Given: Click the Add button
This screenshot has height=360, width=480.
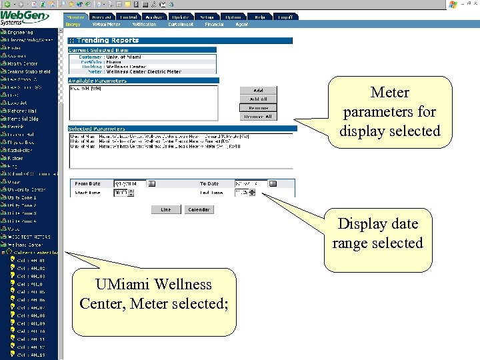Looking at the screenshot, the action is pyautogui.click(x=258, y=91).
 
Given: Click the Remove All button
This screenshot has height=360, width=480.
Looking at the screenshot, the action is pyautogui.click(x=258, y=116).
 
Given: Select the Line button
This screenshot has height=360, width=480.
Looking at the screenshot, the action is pyautogui.click(x=165, y=209).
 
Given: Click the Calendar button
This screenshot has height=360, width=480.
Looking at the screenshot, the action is pyautogui.click(x=199, y=209).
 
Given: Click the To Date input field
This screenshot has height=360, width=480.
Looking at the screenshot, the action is pyautogui.click(x=251, y=183).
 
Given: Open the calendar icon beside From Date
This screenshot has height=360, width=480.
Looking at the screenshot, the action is pyautogui.click(x=151, y=183).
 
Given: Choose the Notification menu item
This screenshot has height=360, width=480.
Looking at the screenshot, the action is pyautogui.click(x=144, y=24).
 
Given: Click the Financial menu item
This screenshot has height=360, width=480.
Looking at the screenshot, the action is pyautogui.click(x=215, y=24).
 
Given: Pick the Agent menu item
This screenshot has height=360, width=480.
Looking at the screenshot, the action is pyautogui.click(x=242, y=24).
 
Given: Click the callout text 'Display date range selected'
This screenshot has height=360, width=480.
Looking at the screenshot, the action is pyautogui.click(x=377, y=233).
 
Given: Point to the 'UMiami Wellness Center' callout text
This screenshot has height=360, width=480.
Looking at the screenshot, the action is pyautogui.click(x=153, y=294).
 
